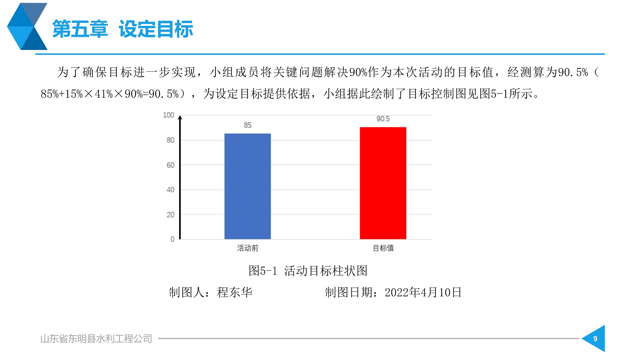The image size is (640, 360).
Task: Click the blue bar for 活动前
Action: point(247,186)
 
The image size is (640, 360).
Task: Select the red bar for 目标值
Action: point(383,183)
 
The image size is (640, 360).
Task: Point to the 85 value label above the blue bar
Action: point(248,125)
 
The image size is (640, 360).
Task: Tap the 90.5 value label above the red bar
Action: point(383,119)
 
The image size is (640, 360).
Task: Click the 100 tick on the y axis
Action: point(169,115)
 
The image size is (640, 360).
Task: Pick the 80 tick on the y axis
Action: point(171,140)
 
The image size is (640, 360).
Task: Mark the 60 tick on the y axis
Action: point(171,165)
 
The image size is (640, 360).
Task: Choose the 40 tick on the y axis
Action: point(171,189)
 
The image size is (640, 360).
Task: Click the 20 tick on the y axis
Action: point(171,214)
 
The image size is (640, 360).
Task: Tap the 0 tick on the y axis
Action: point(172,239)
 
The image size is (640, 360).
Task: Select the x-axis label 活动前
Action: point(248,248)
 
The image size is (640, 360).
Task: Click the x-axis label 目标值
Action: point(383,248)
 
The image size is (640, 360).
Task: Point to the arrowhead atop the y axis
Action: point(180,117)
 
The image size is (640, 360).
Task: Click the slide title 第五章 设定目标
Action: point(123,29)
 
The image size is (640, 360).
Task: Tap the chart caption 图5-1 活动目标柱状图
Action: point(308,271)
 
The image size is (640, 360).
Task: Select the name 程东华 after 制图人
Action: point(235,292)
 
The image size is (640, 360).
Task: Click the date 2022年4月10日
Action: point(423,292)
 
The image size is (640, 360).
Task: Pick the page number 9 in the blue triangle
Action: point(595,339)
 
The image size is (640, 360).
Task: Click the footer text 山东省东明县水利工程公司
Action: point(96,339)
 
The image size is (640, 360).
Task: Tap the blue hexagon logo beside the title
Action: point(27,26)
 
